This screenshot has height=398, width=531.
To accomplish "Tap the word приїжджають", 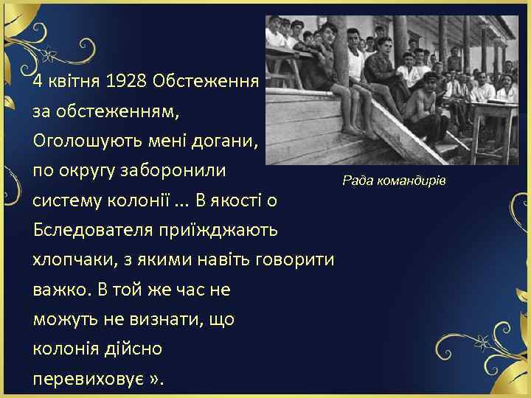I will [x=216, y=230].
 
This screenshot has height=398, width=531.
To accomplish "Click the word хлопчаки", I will [x=74, y=260].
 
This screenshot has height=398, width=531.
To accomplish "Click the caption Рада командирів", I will [x=395, y=181].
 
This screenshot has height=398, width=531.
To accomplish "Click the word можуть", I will [x=62, y=320].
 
